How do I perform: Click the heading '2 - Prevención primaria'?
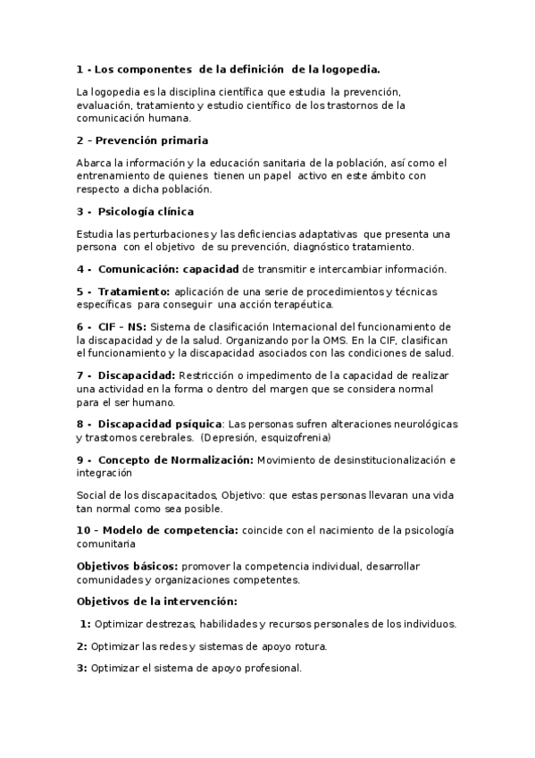click(142, 140)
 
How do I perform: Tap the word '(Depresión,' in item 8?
click(228, 437)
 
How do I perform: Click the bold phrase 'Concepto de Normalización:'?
click(176, 459)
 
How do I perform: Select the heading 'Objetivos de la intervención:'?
click(156, 601)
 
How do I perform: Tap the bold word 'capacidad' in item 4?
click(211, 269)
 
